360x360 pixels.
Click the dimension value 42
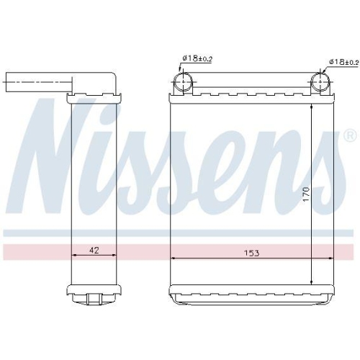(x=94, y=251)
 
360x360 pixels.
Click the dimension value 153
(x=251, y=253)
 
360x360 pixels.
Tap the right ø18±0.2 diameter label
(x=343, y=63)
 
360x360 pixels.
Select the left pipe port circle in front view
(x=184, y=81)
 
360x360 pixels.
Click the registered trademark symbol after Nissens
(x=349, y=135)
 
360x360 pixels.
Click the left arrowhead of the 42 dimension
(x=75, y=256)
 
